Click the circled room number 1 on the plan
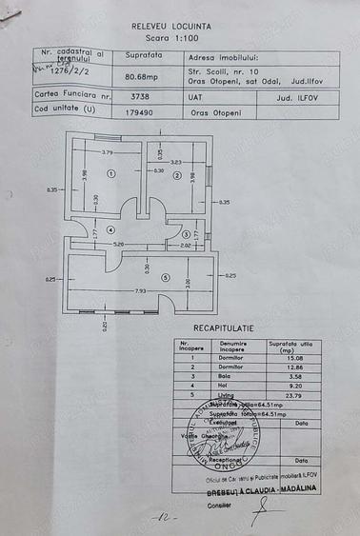point(110,174)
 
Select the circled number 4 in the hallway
point(110,229)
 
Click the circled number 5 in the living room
point(164,277)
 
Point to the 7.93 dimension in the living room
point(140,290)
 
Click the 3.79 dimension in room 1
point(108,152)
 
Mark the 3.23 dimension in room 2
point(175,161)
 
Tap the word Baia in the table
point(227,376)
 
